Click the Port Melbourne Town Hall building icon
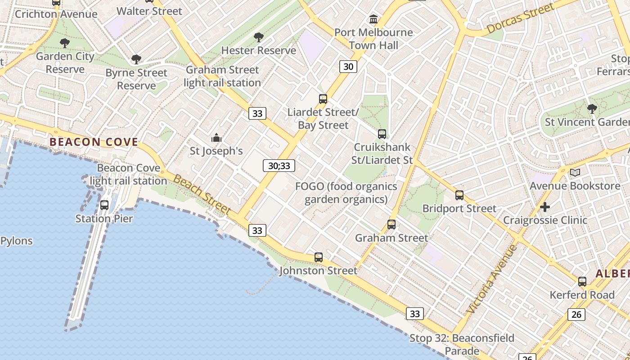point(373,19)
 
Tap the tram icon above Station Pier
point(104,205)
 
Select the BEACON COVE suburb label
point(94,142)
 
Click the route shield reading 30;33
point(279,166)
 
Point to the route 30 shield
point(348,67)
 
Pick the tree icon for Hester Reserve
point(258,37)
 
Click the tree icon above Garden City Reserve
point(65,43)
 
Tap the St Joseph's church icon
point(216,138)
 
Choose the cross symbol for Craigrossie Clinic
point(545,207)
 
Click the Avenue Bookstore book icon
point(575,172)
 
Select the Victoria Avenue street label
point(492,279)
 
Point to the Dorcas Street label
point(520,19)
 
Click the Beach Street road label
point(202,195)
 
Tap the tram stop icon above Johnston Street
point(319,257)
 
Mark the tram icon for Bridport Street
point(459,195)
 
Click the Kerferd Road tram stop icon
point(582,282)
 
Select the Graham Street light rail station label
point(222,76)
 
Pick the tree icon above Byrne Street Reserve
point(136,59)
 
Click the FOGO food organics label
point(346,193)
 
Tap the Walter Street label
point(149,11)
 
